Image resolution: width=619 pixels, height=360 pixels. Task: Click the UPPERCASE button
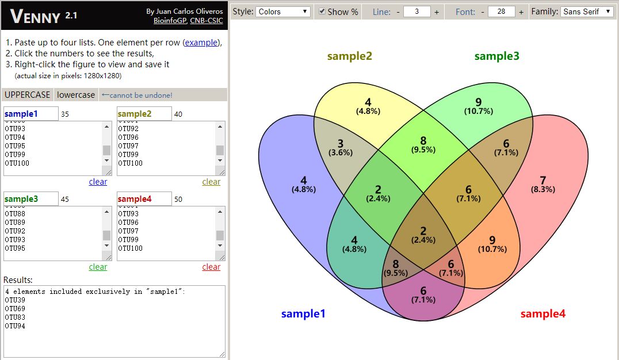pyautogui.click(x=27, y=95)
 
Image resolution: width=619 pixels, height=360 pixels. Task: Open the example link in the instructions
pyautogui.click(x=201, y=42)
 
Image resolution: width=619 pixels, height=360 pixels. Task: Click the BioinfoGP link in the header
pyautogui.click(x=170, y=21)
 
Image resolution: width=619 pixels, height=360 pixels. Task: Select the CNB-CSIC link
pyautogui.click(x=207, y=21)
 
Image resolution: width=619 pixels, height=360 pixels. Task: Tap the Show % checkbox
pyautogui.click(x=322, y=12)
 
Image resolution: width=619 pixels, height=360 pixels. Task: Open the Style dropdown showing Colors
pyautogui.click(x=282, y=12)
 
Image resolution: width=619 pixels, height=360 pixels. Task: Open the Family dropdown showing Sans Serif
pyautogui.click(x=587, y=12)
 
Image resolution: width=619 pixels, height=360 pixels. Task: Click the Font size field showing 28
pyautogui.click(x=502, y=12)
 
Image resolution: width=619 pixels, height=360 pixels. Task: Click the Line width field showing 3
pyautogui.click(x=417, y=12)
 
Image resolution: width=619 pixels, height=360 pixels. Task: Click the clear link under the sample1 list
pyautogui.click(x=98, y=182)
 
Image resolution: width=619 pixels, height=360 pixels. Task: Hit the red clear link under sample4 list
pyautogui.click(x=211, y=267)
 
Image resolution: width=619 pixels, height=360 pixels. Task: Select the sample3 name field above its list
pyautogui.click(x=31, y=199)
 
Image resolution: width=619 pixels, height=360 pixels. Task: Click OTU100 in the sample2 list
pyautogui.click(x=130, y=163)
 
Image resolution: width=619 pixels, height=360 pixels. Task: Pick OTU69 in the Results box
pyautogui.click(x=15, y=309)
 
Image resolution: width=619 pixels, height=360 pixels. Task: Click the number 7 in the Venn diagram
pyautogui.click(x=543, y=181)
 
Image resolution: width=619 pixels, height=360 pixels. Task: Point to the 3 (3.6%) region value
pyautogui.click(x=341, y=148)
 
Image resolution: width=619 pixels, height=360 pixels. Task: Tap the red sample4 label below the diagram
pyautogui.click(x=543, y=314)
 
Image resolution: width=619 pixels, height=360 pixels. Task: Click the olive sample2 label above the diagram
pyautogui.click(x=350, y=56)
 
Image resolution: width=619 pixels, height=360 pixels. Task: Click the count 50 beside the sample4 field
pyautogui.click(x=178, y=200)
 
